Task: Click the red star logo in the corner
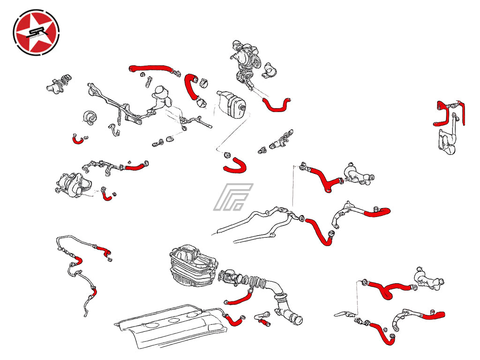pyautogui.click(x=36, y=32)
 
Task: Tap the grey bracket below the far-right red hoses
pyautogui.click(x=447, y=141)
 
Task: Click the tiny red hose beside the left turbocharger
pyautogui.click(x=107, y=196)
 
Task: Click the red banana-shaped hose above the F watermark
pyautogui.click(x=236, y=165)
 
